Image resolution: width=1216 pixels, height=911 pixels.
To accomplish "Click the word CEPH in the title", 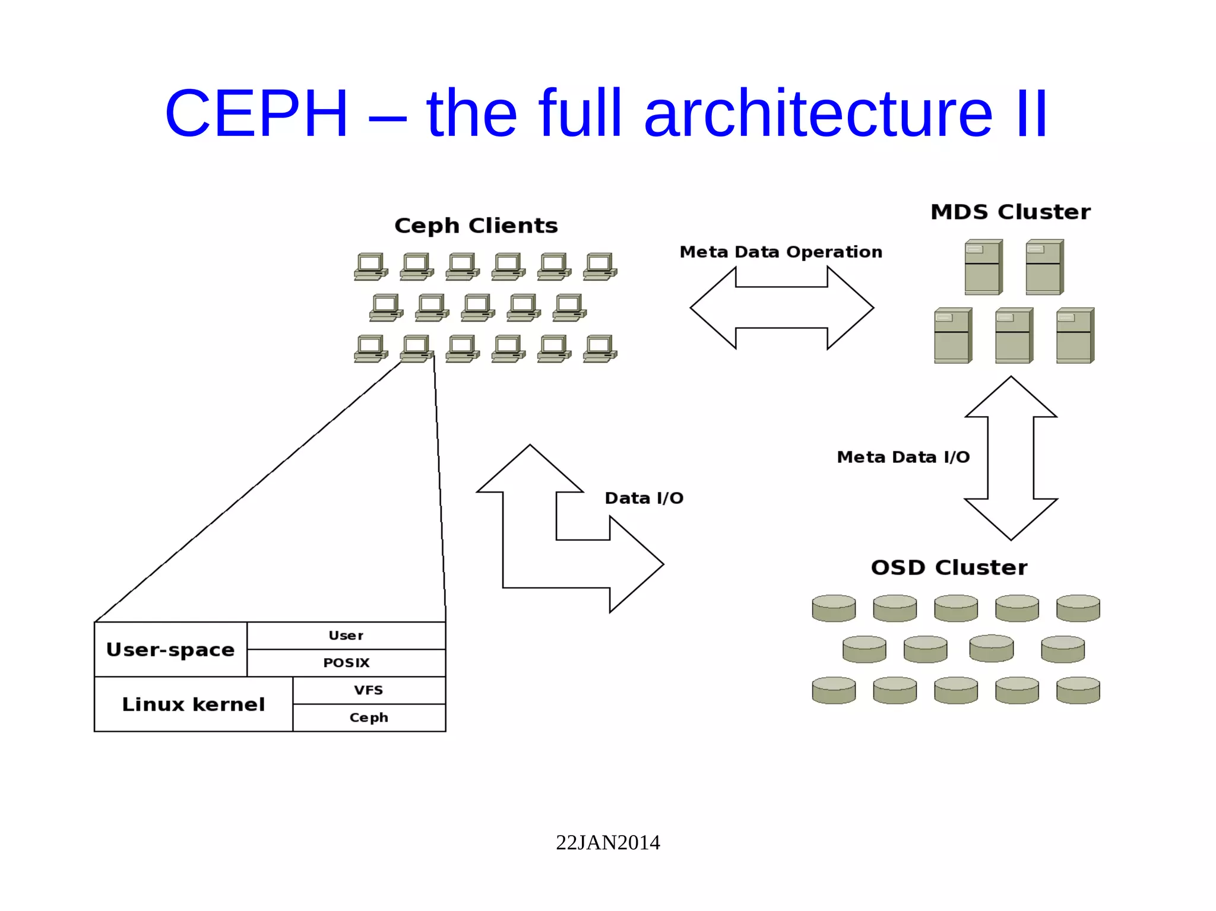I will [256, 113].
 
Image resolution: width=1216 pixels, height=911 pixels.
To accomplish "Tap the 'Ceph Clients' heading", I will [476, 226].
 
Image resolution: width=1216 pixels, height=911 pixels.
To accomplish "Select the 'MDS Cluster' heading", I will [1010, 212].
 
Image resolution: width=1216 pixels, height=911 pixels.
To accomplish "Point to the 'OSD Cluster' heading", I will [949, 567].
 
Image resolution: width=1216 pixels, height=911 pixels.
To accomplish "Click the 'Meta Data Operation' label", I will [781, 252].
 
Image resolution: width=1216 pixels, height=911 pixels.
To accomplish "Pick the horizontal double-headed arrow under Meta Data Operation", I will [781, 307].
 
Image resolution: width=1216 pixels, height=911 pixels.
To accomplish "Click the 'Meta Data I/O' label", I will [903, 457].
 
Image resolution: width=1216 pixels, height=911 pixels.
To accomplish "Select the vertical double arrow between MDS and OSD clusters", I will [1011, 458].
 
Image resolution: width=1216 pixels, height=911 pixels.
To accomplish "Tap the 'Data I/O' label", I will [644, 498].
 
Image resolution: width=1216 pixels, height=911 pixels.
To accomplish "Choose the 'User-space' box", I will [170, 649].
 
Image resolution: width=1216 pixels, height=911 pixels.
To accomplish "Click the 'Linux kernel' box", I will [193, 704].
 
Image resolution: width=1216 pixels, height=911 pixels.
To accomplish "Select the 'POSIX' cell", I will [346, 663].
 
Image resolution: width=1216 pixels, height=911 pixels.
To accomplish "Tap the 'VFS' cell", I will [369, 690].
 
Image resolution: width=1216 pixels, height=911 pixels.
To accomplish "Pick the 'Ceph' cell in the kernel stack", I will [369, 718].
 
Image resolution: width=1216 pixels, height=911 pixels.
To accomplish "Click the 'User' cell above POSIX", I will [346, 636].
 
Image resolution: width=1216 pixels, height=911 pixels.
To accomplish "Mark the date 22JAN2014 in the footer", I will [607, 842].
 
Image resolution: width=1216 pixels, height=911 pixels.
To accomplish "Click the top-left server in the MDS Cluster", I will [983, 267].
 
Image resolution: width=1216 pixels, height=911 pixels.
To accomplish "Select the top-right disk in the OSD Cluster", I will [1078, 608].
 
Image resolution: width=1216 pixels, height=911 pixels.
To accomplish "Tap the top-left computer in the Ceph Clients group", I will [370, 266].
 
